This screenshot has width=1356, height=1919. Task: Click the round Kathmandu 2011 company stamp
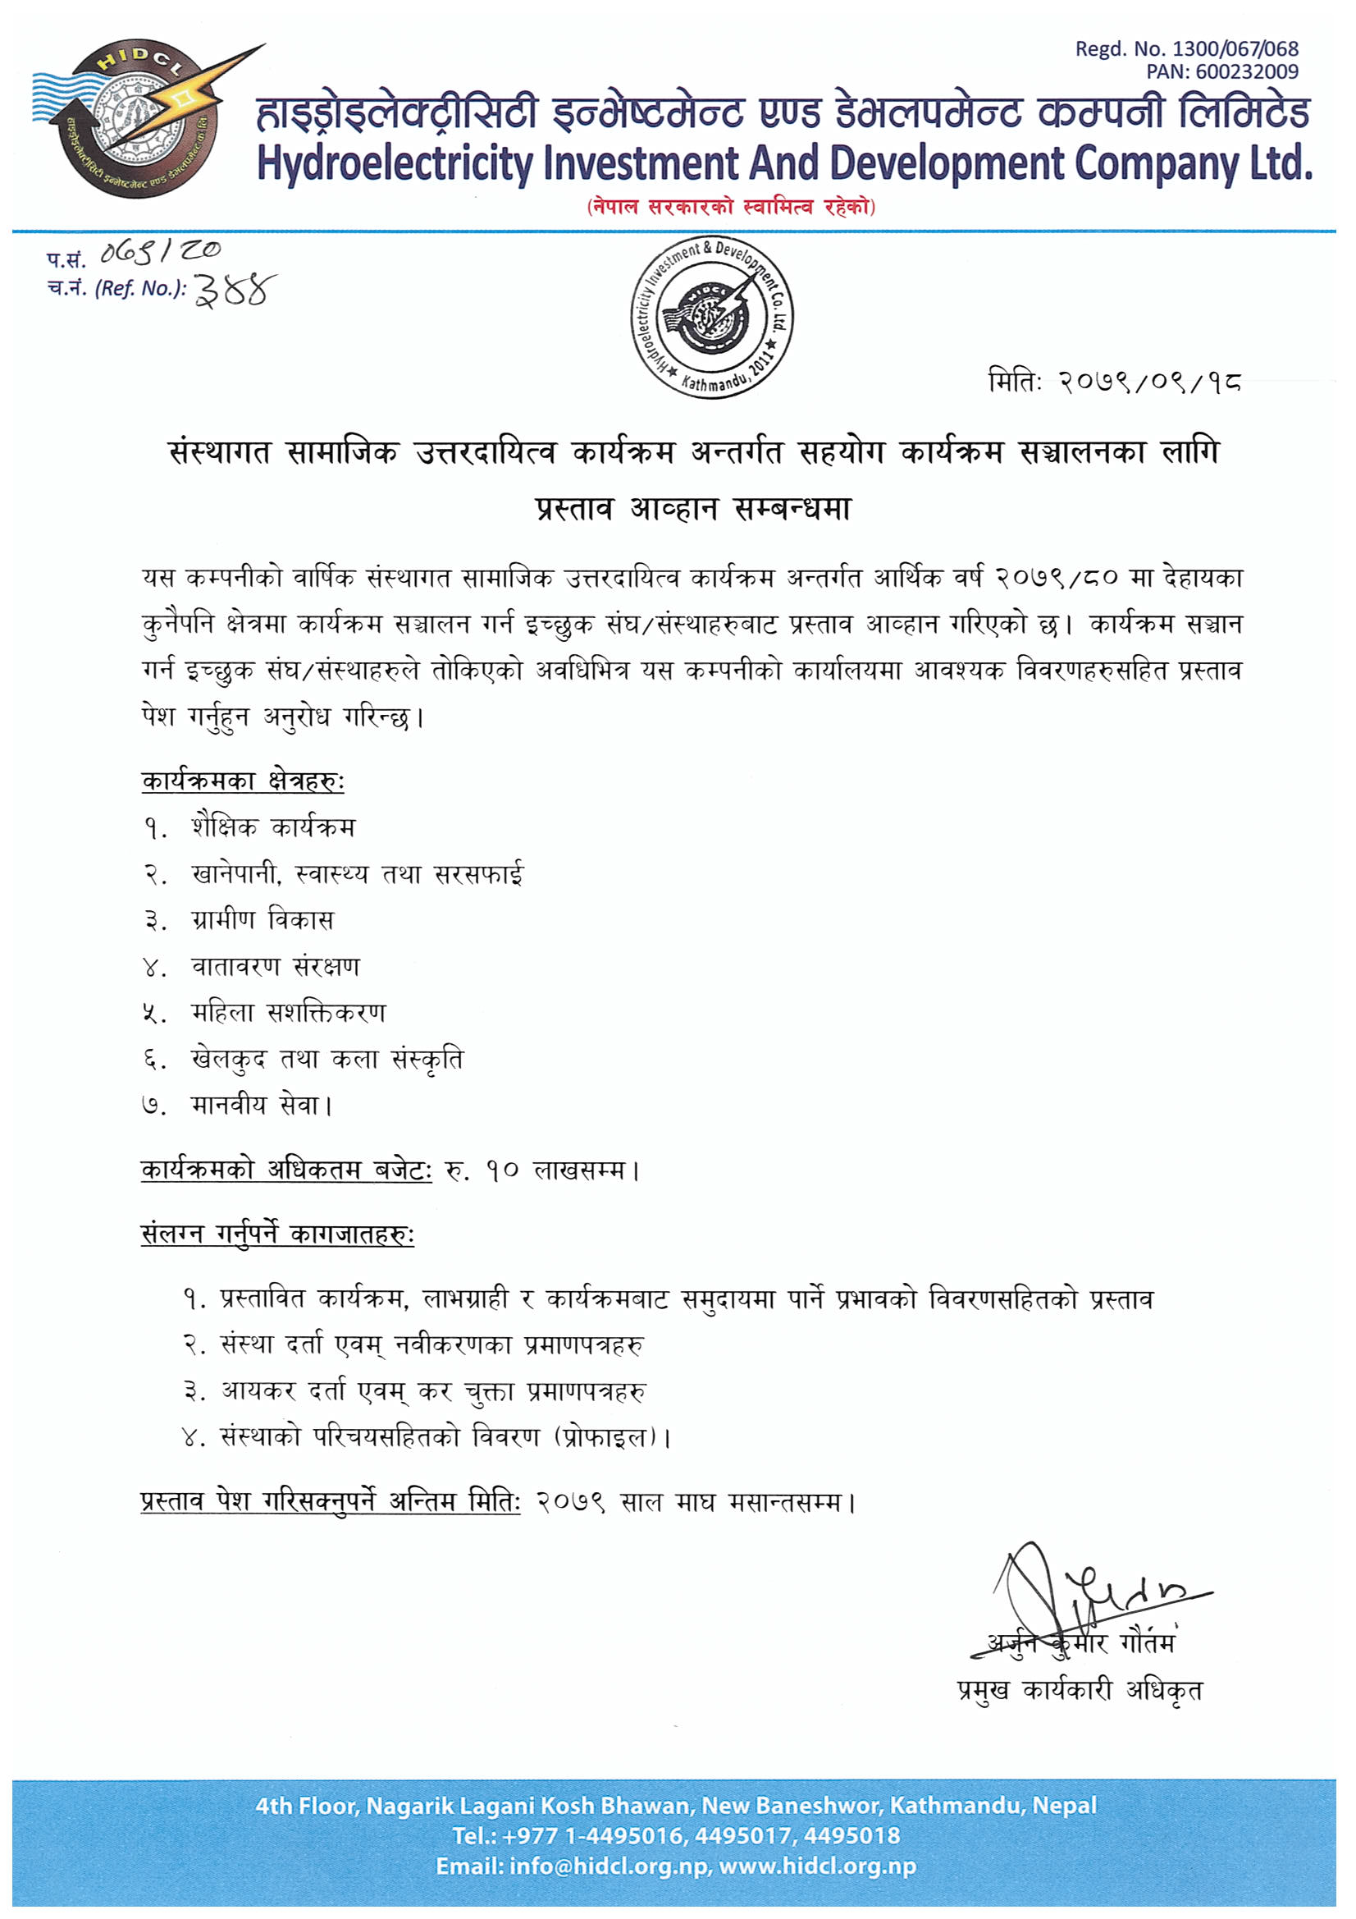pos(712,318)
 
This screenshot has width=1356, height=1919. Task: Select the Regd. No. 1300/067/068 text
pos(1186,49)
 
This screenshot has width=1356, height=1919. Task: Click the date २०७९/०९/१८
pos(1149,382)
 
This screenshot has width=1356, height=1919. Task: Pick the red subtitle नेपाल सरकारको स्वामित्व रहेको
pos(731,207)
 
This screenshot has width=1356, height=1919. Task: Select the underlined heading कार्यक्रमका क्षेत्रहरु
pos(242,781)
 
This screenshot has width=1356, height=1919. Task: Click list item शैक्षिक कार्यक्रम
pos(273,827)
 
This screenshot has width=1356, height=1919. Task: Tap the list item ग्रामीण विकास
pos(263,920)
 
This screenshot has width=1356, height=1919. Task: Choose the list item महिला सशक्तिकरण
pos(288,1013)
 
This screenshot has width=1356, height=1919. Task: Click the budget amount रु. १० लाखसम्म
pos(543,1170)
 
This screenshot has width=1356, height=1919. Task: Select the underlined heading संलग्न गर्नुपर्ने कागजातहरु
pos(277,1234)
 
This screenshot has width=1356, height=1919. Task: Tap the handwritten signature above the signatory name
pos(1086,1592)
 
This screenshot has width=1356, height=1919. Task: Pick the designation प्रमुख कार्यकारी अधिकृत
pos(1080,1690)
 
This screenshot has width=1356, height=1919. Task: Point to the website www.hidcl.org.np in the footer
pos(817,1866)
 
